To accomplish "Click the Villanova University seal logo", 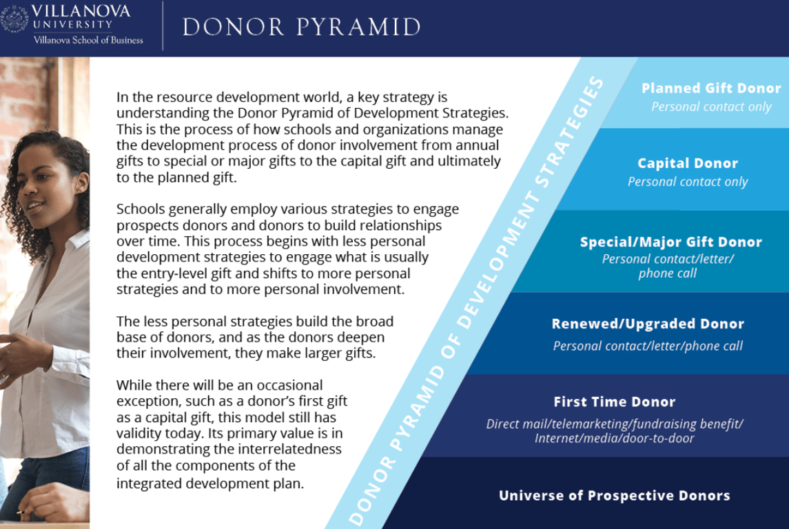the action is [14, 19].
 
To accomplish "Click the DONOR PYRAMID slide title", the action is [301, 27].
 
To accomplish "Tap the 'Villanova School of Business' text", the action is [88, 40].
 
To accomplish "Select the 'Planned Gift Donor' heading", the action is [711, 88].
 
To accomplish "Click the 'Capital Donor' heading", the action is [687, 163].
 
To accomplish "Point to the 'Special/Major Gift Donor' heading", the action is [670, 242].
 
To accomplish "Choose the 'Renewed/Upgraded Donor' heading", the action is [648, 324].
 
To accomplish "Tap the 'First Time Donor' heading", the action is [615, 402].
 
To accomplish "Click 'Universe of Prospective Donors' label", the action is [615, 496].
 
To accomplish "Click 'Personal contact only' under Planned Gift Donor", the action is [711, 107].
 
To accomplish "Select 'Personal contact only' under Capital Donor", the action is [687, 182].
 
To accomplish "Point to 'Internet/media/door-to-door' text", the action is [615, 439].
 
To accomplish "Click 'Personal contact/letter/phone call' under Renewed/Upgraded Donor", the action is [648, 346].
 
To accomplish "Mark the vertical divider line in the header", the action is [163, 25].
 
